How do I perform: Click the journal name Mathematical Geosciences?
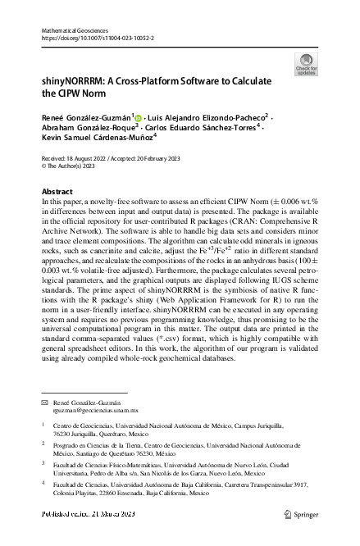[75, 30]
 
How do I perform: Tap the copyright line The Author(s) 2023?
[71, 187]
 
